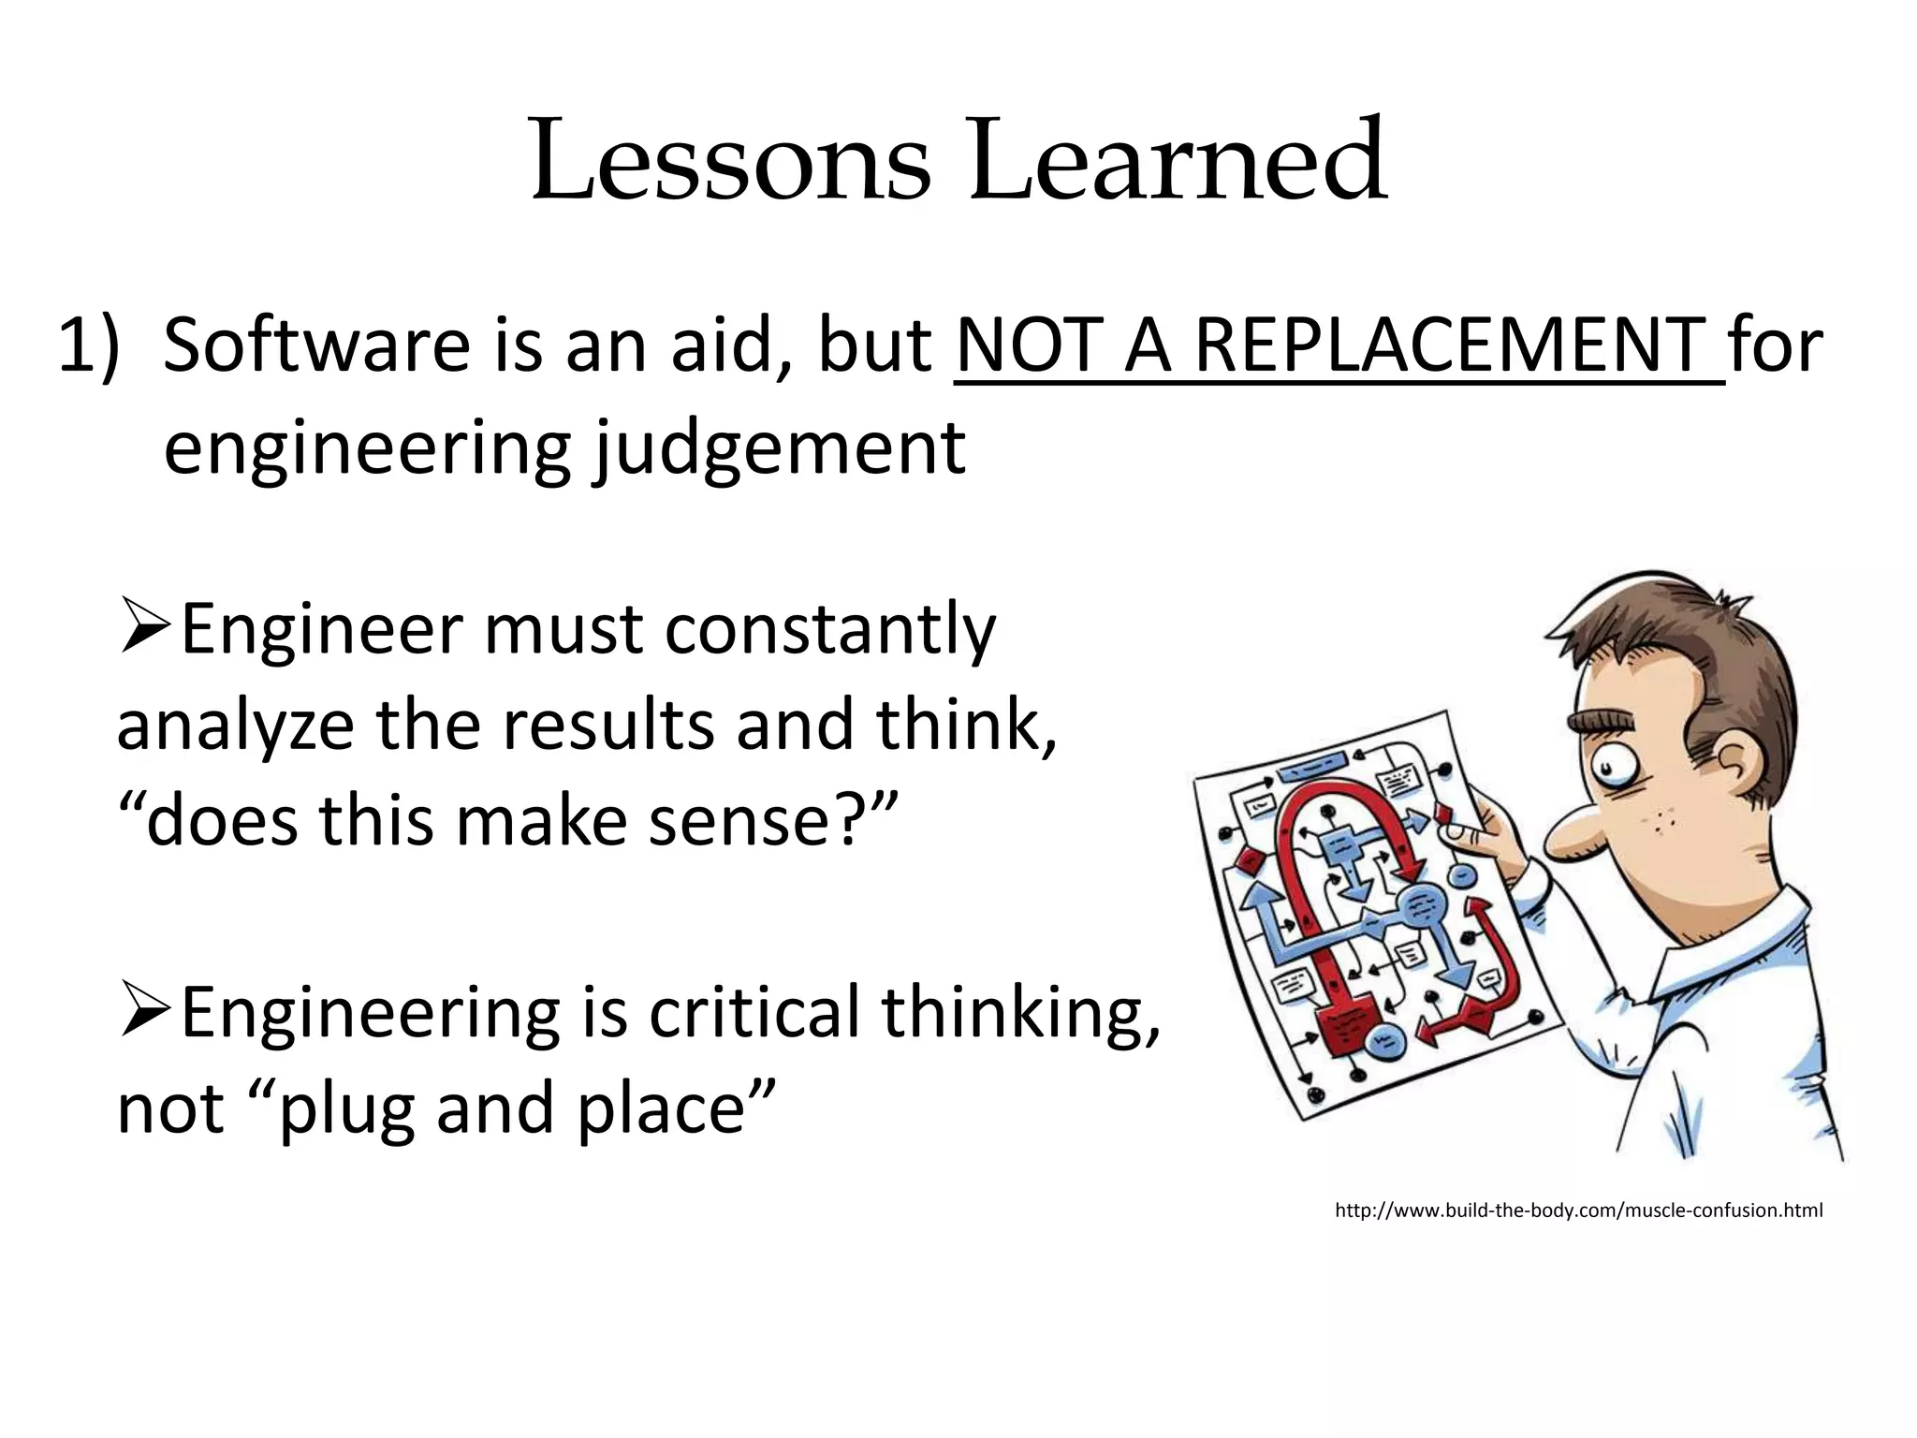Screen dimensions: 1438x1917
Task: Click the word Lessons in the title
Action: pos(730,161)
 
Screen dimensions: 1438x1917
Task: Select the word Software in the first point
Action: pos(316,346)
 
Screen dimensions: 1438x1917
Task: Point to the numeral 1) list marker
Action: pos(89,346)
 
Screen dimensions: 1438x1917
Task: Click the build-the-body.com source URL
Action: pos(1578,1211)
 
